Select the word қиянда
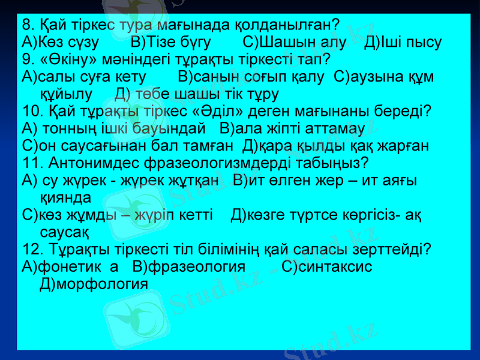pyautogui.click(x=65, y=197)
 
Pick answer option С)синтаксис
pyautogui.click(x=327, y=266)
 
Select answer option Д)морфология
pyautogui.click(x=94, y=283)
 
